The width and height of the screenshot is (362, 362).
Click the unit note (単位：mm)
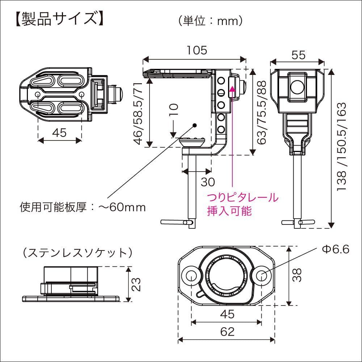point(210,21)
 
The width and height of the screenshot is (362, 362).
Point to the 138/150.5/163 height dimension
point(342,147)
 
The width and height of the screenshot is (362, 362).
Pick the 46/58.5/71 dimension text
point(138,113)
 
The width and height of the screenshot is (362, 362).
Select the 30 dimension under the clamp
point(208,182)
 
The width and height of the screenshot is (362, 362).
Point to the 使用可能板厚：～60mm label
point(83,207)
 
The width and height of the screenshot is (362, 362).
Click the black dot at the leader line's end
point(195,125)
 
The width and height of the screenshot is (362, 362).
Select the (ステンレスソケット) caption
point(77,253)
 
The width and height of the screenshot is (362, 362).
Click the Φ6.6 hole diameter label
point(335,250)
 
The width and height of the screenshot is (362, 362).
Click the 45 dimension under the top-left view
point(59,133)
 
